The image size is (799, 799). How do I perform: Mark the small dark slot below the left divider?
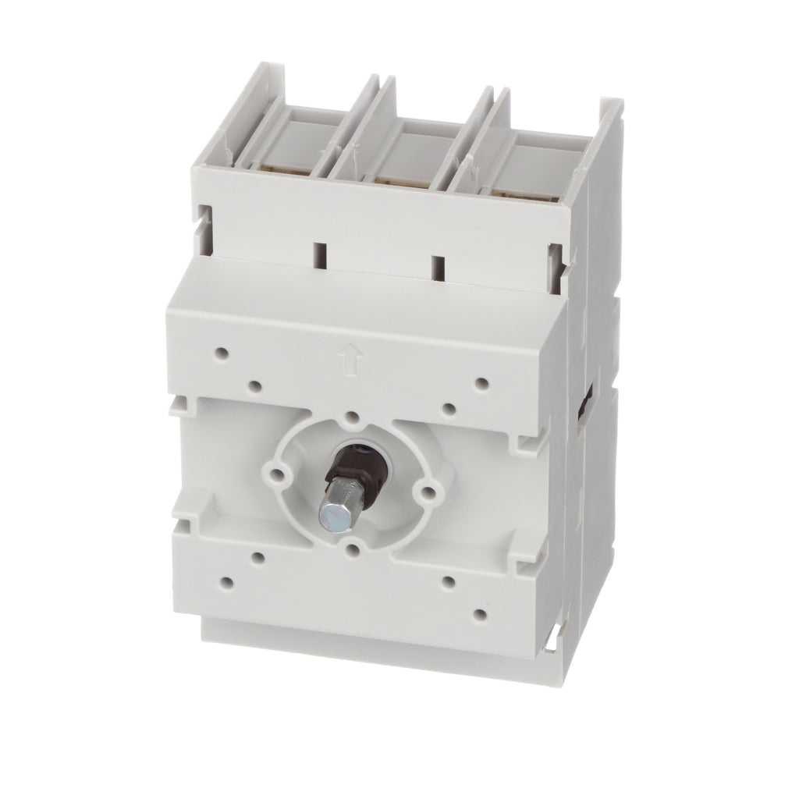318,256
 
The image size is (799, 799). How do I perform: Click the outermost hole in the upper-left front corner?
224,353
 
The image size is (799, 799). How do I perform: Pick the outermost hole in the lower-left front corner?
228,581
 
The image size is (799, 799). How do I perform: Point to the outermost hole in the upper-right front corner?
481,383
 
